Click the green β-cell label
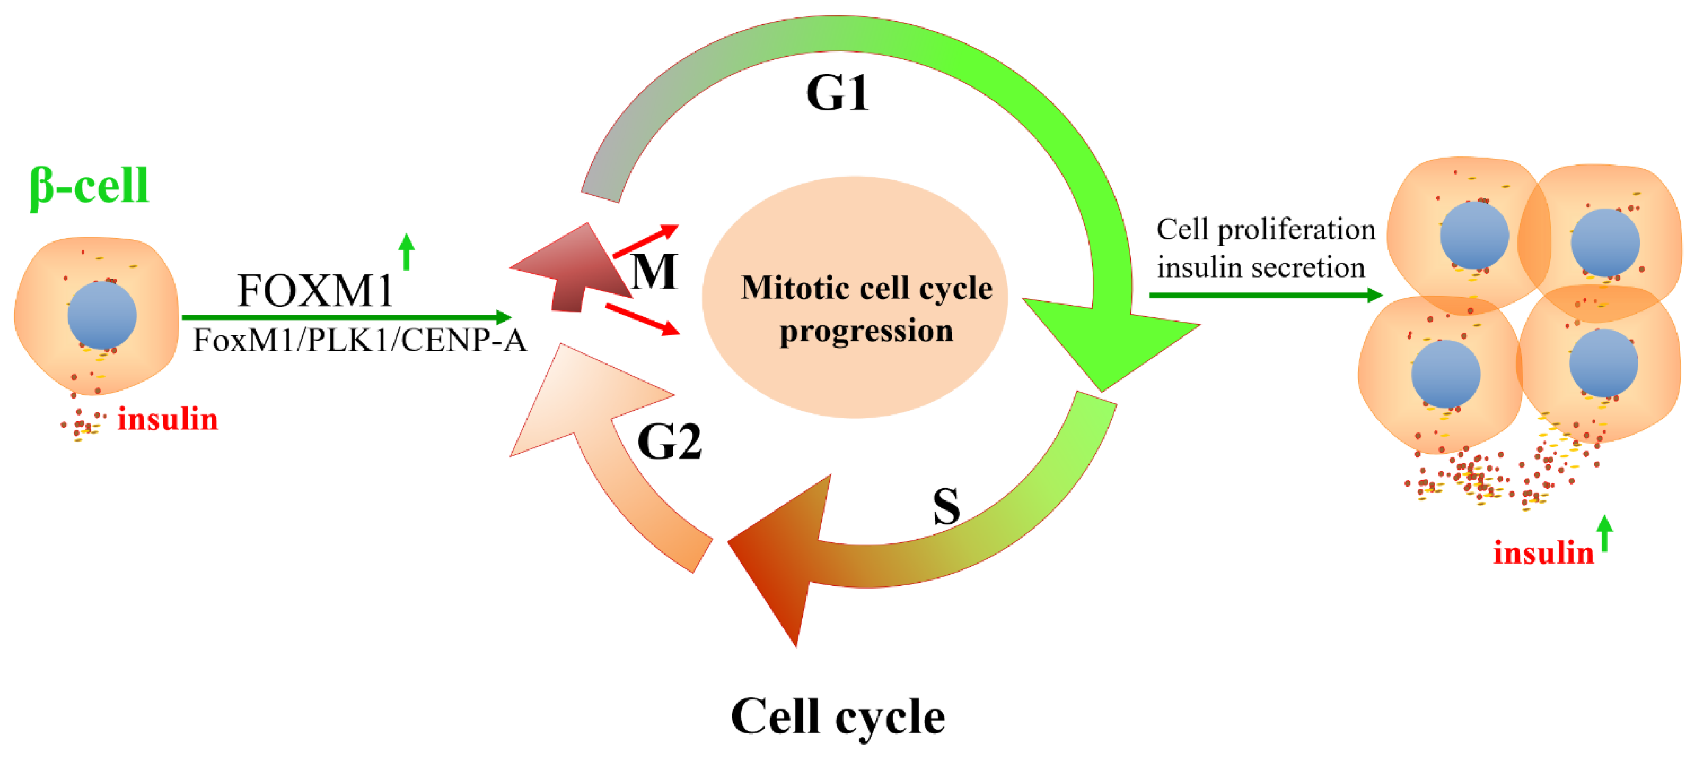(x=89, y=186)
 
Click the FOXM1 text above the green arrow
(x=315, y=291)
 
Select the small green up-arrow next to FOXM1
(x=407, y=252)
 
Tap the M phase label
(x=653, y=271)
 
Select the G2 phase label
(x=669, y=442)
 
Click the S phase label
(x=946, y=506)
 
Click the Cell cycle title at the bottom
(x=837, y=716)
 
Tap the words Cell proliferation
(x=1266, y=230)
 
